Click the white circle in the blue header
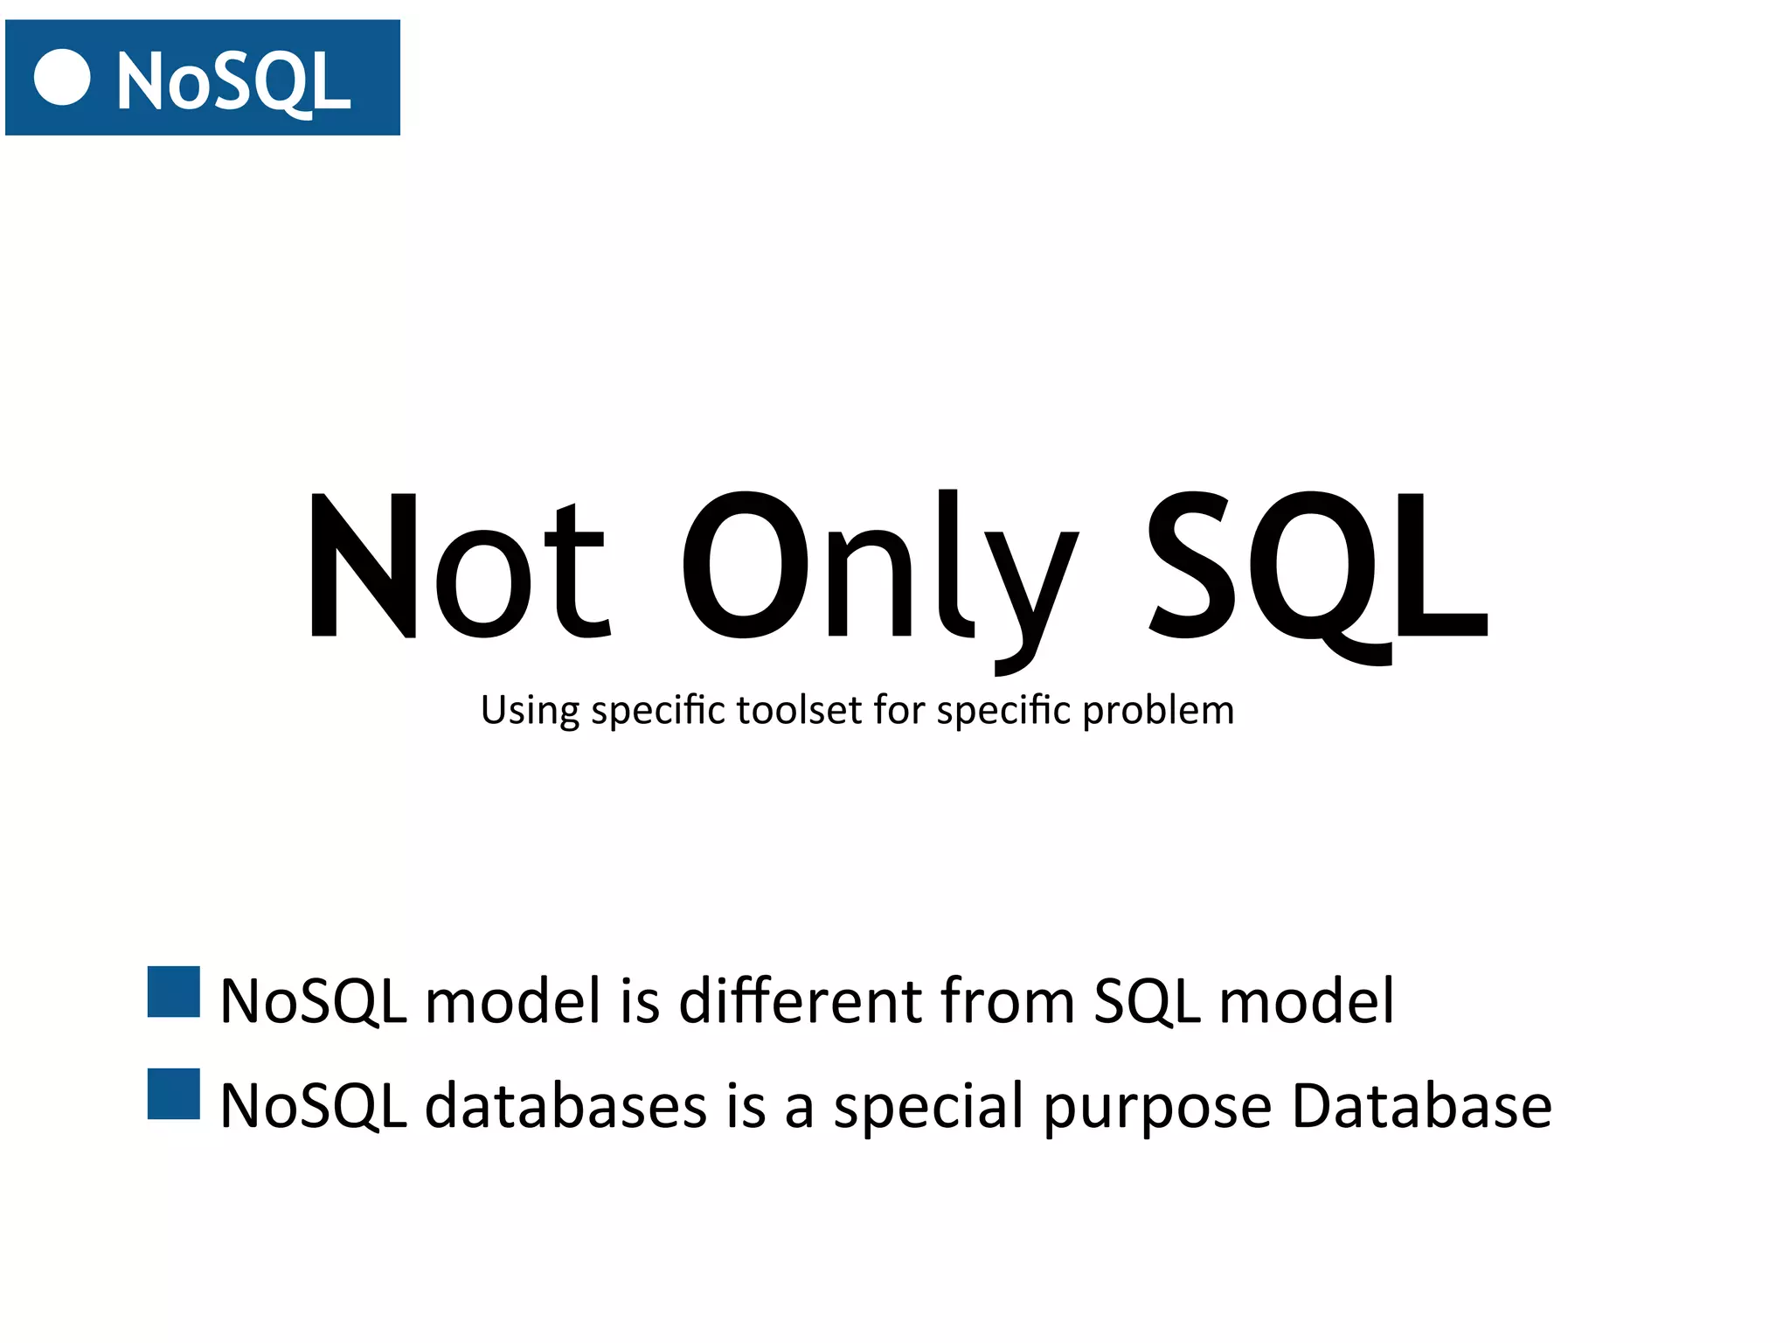(x=62, y=78)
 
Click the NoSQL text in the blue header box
(x=233, y=81)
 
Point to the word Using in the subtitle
(x=530, y=710)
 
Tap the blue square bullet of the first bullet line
(x=174, y=992)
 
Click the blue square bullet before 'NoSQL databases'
(x=174, y=1094)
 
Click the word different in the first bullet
(x=801, y=1000)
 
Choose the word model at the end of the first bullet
(x=1307, y=1000)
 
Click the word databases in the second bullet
(x=565, y=1106)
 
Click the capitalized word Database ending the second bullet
(x=1421, y=1106)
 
